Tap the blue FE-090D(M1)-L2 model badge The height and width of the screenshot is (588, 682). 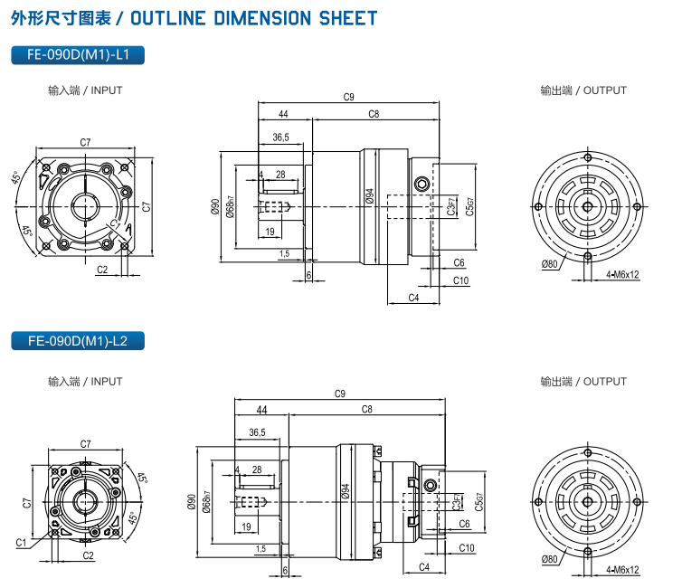click(80, 341)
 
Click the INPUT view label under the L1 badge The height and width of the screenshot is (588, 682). click(85, 90)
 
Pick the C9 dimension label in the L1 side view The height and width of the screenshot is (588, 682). click(349, 97)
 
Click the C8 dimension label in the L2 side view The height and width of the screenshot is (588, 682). click(366, 409)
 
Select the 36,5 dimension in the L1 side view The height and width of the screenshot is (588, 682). click(280, 138)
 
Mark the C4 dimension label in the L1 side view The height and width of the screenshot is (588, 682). click(413, 297)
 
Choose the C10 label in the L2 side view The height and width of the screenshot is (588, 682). click(467, 548)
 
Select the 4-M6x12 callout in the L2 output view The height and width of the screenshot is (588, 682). click(622, 570)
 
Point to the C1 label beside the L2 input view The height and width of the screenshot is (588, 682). click(20, 542)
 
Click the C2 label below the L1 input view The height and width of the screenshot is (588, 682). click(102, 270)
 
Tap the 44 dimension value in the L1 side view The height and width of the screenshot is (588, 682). click(283, 114)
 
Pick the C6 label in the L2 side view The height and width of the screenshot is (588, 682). click(463, 524)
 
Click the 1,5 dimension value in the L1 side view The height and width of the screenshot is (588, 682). click(284, 254)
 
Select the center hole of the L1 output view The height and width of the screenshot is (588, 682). click(588, 206)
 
